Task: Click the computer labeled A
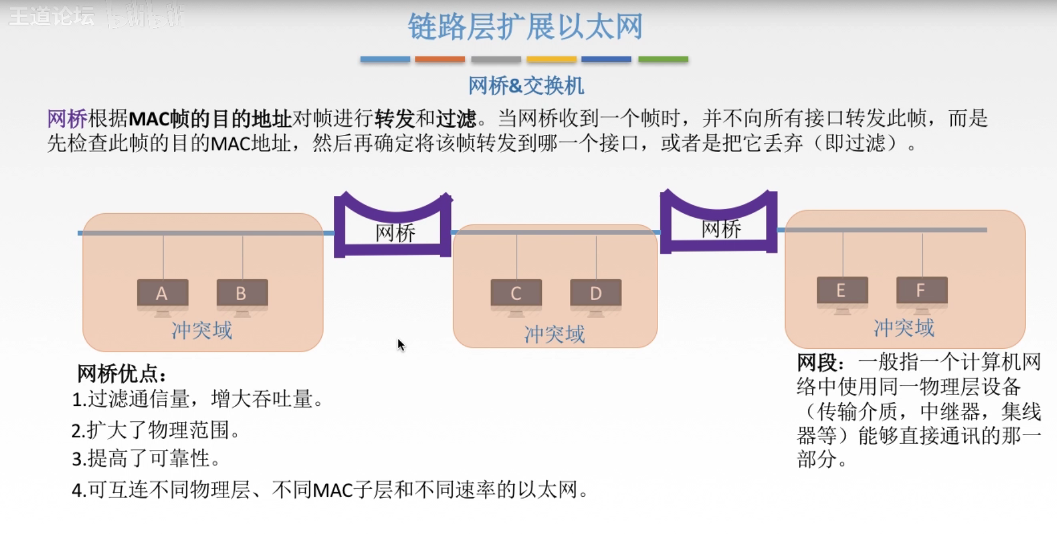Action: (162, 294)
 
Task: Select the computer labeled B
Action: (242, 294)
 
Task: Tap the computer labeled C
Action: (516, 294)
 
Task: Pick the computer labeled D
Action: (596, 294)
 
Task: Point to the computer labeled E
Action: (841, 291)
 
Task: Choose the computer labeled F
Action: (921, 291)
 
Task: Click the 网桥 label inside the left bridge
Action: (395, 233)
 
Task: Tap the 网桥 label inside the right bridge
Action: (721, 229)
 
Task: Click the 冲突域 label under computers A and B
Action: (202, 330)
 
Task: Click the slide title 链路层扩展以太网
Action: (525, 26)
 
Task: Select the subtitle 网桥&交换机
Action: (526, 86)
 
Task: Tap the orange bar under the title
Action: (440, 59)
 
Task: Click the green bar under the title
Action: (663, 59)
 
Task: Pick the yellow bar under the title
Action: (551, 59)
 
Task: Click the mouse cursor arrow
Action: (401, 345)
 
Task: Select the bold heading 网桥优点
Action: (121, 374)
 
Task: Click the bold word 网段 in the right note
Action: (819, 362)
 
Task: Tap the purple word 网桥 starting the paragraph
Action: (67, 119)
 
